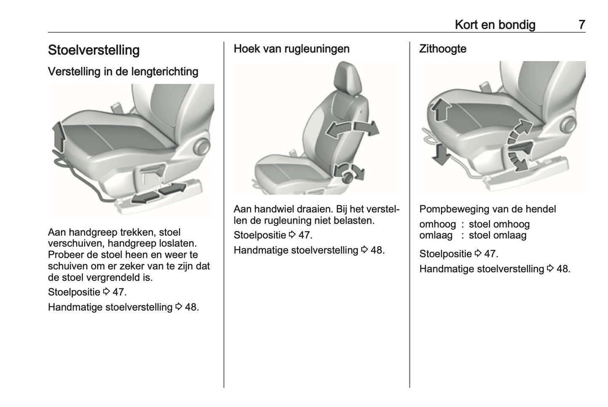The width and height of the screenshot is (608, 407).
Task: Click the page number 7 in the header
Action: (581, 25)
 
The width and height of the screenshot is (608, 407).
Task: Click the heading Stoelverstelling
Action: (93, 50)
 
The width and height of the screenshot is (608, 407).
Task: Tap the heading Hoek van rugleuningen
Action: (291, 49)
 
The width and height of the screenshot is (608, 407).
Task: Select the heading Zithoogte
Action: (443, 49)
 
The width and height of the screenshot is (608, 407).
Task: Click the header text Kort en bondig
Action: (495, 25)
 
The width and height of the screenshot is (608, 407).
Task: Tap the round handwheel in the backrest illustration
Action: (348, 177)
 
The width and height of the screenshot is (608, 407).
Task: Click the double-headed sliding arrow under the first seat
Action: (159, 193)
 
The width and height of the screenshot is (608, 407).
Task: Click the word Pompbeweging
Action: (451, 209)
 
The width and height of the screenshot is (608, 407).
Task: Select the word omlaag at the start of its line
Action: (436, 236)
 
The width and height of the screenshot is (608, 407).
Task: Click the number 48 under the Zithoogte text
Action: (563, 269)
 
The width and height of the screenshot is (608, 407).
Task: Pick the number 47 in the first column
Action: (119, 292)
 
